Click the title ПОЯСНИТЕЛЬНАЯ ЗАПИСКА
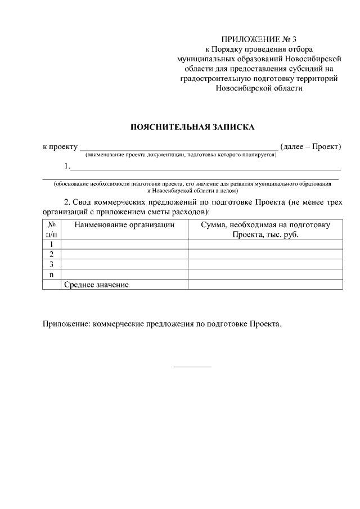(x=192, y=127)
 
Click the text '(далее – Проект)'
(x=310, y=147)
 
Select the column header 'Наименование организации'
(x=124, y=224)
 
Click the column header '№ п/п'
(x=51, y=229)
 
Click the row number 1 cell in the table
(x=51, y=244)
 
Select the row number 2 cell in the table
(x=51, y=254)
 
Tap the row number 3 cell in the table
(x=51, y=264)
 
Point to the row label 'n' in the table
(x=51, y=274)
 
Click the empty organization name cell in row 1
(x=124, y=244)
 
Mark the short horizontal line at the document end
(x=192, y=367)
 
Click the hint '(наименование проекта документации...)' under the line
(x=181, y=155)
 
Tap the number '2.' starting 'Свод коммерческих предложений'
(x=67, y=202)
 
